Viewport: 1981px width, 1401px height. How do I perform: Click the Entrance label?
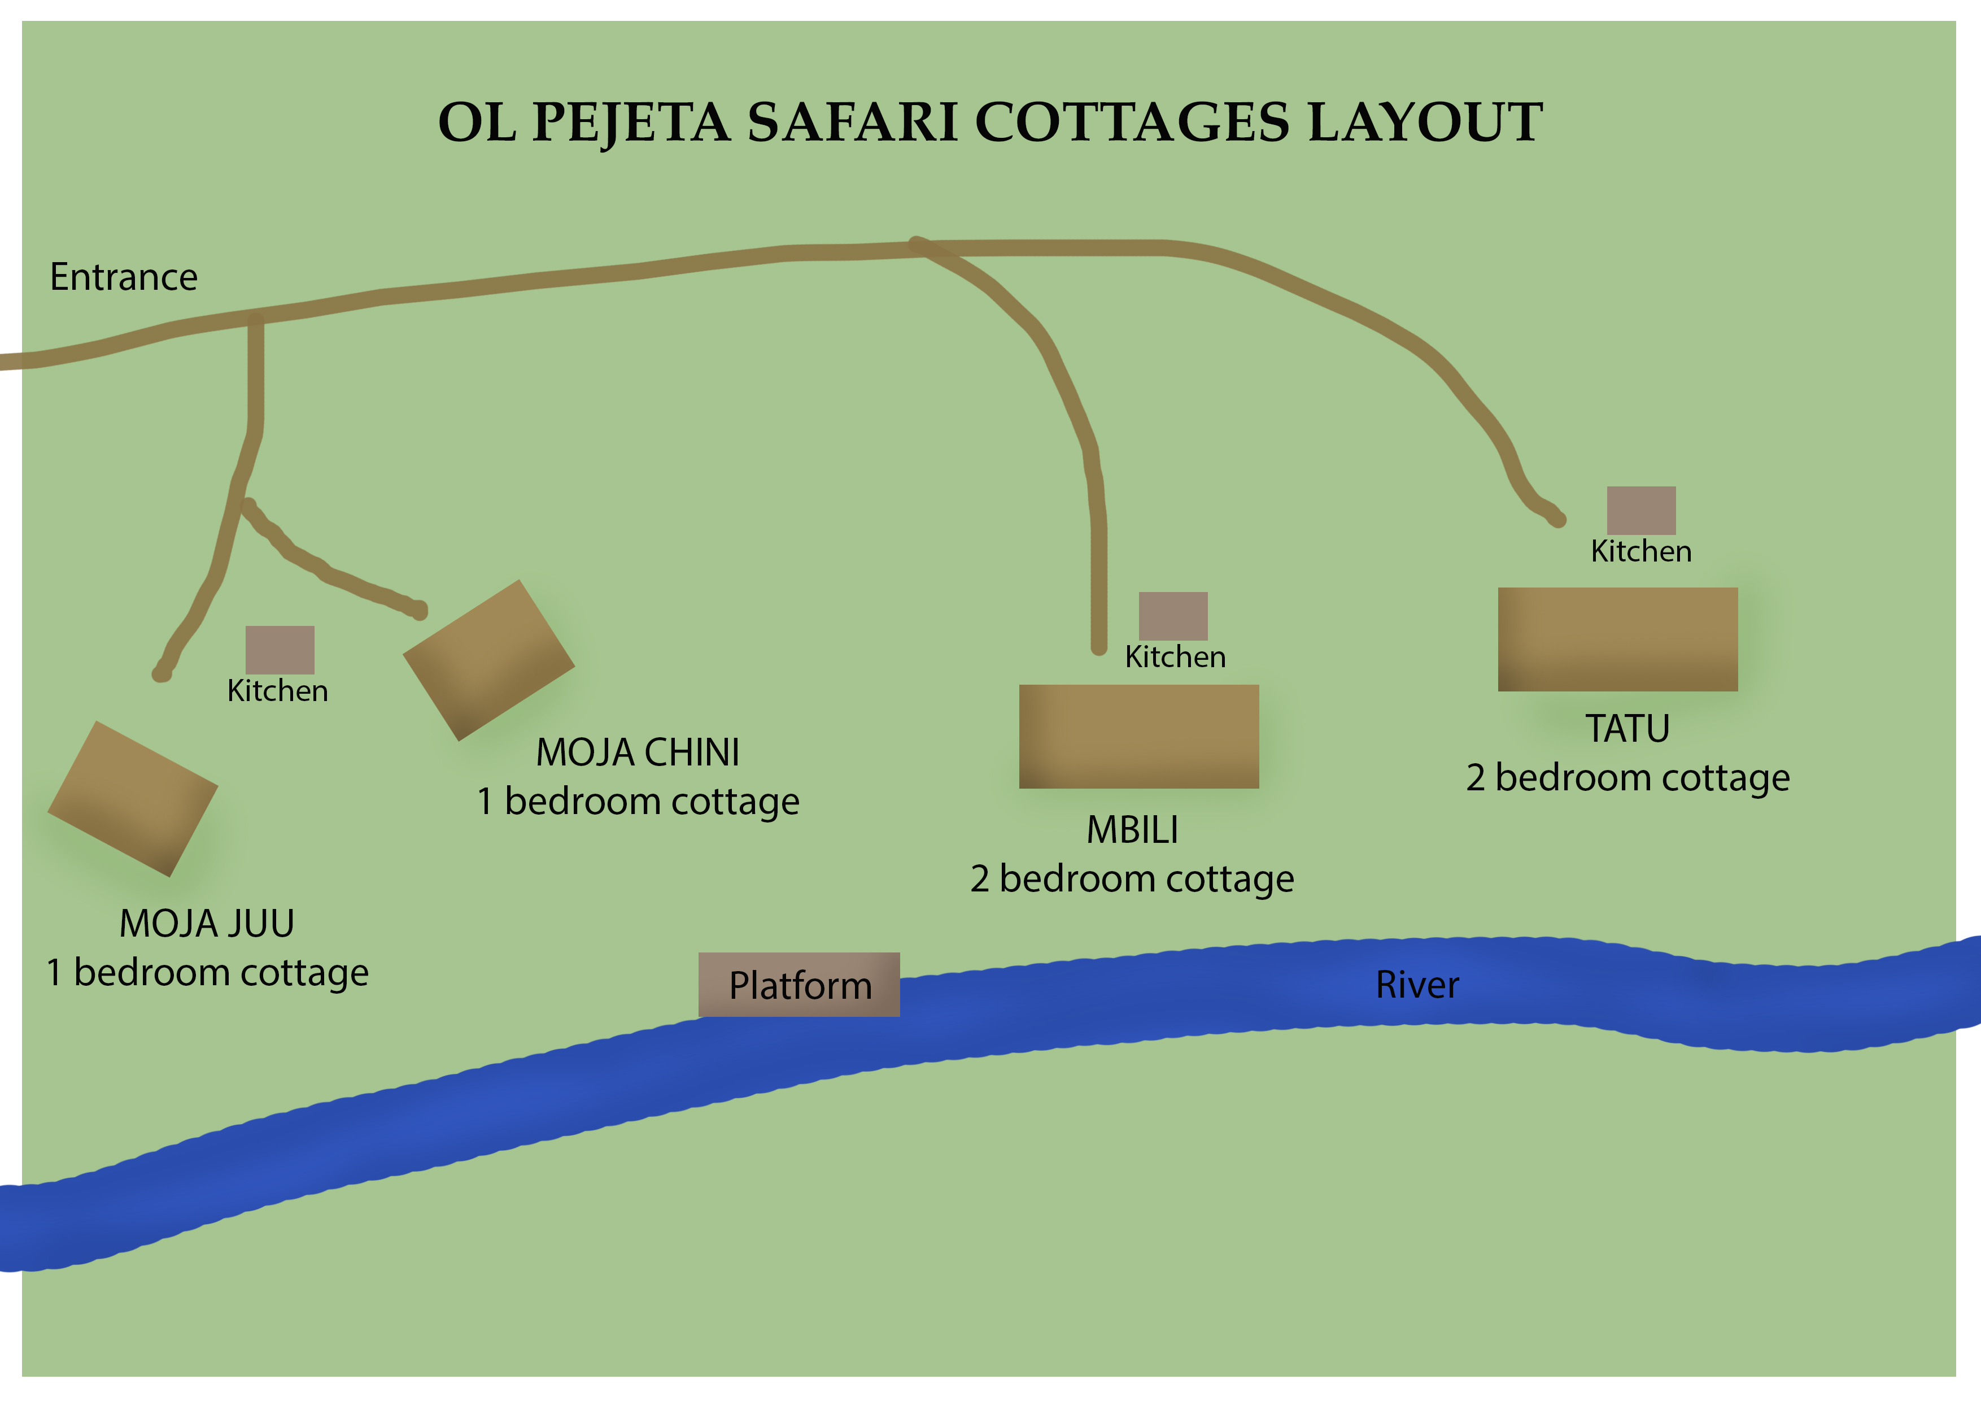pyautogui.click(x=123, y=277)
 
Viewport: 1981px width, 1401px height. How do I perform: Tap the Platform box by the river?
pyautogui.click(x=799, y=985)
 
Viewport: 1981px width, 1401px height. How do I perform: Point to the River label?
pyautogui.click(x=1417, y=985)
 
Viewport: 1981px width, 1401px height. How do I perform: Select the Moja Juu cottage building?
pyautogui.click(x=133, y=798)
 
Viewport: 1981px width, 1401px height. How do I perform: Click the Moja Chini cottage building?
pyautogui.click(x=488, y=660)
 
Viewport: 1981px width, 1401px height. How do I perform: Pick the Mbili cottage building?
pyautogui.click(x=1139, y=736)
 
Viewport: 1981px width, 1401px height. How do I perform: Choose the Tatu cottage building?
pyautogui.click(x=1618, y=639)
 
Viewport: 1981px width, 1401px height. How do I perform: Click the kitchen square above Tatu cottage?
pyautogui.click(x=1641, y=510)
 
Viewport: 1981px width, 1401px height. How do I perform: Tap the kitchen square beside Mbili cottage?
pyautogui.click(x=1172, y=615)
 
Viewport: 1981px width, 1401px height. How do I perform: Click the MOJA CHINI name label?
pyautogui.click(x=638, y=752)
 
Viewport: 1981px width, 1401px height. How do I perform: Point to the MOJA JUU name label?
pyautogui.click(x=207, y=924)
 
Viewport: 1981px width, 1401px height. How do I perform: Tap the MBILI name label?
pyautogui.click(x=1132, y=830)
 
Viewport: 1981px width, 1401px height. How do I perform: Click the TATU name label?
pyautogui.click(x=1627, y=729)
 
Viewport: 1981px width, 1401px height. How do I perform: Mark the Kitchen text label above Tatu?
pyautogui.click(x=1641, y=551)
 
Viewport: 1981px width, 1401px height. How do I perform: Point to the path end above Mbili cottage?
pyautogui.click(x=1098, y=646)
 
